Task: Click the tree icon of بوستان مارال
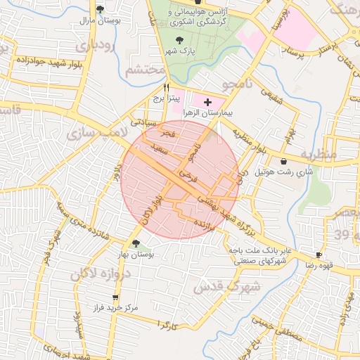click(100, 10)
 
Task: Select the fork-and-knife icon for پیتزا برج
click(166, 88)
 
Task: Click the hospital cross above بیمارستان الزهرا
click(207, 103)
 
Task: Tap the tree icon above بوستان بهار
click(136, 243)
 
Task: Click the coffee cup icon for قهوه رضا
click(320, 255)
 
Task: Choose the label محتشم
click(145, 71)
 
